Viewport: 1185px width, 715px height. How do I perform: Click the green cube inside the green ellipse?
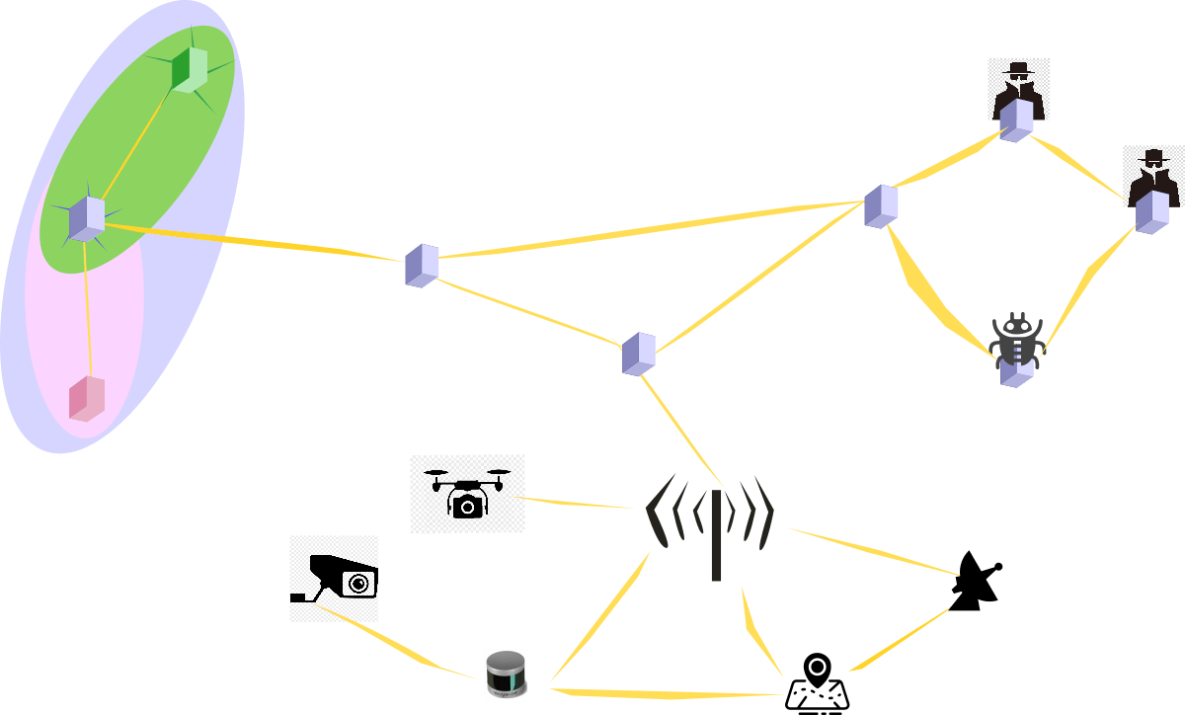188,69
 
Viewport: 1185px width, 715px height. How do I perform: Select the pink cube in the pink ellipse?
87,398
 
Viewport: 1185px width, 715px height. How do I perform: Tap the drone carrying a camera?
467,493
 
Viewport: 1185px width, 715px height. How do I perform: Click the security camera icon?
334,579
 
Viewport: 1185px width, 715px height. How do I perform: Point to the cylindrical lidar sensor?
506,675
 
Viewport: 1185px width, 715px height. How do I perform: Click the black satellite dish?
974,583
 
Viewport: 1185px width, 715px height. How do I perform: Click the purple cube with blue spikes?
87,218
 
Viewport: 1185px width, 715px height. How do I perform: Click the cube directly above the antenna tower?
639,354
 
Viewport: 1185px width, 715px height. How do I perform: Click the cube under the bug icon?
1015,372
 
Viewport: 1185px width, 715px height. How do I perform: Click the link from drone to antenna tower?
580,504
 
